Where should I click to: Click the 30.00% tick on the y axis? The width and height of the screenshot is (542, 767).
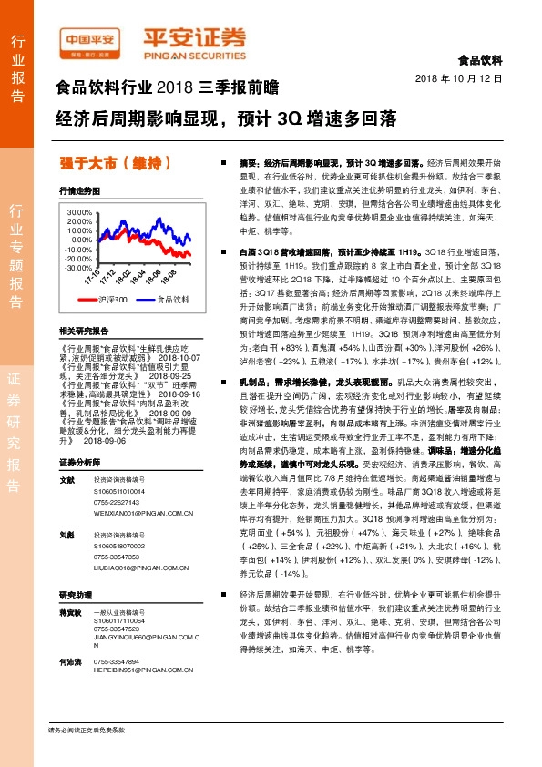click(79, 210)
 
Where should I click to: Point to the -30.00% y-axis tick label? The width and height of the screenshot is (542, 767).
click(79, 268)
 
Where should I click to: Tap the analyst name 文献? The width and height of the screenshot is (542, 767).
click(66, 480)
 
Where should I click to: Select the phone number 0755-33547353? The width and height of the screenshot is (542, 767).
click(117, 556)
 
